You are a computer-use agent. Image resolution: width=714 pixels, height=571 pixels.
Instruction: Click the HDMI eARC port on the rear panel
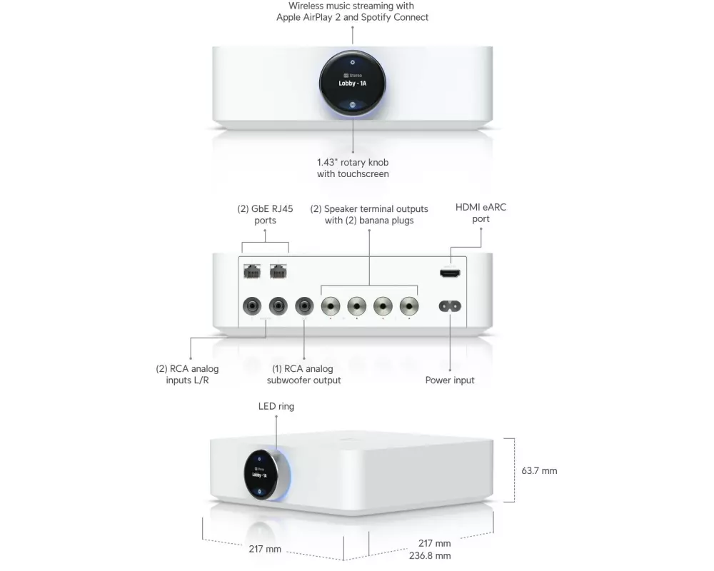(x=450, y=272)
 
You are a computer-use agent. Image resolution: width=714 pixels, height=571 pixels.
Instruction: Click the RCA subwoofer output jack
(x=305, y=307)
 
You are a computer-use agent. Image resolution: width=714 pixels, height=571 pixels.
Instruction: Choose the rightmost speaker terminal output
(x=408, y=307)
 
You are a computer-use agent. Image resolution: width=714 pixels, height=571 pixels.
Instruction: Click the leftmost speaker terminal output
(x=331, y=307)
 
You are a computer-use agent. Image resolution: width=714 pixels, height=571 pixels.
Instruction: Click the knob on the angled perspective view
(x=262, y=474)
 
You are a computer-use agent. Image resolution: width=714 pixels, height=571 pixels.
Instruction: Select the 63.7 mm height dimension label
(x=539, y=471)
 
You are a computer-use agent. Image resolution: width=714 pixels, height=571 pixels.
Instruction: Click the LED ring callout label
(x=276, y=406)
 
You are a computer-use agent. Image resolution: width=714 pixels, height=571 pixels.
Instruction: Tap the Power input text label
(x=450, y=380)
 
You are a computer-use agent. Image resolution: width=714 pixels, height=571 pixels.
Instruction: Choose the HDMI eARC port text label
(x=481, y=213)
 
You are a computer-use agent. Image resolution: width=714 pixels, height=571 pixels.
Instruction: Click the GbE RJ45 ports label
(x=265, y=215)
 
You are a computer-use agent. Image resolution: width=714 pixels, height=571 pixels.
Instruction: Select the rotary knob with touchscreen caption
(x=353, y=168)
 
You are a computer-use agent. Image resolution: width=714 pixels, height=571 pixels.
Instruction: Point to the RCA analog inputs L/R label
(x=187, y=375)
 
